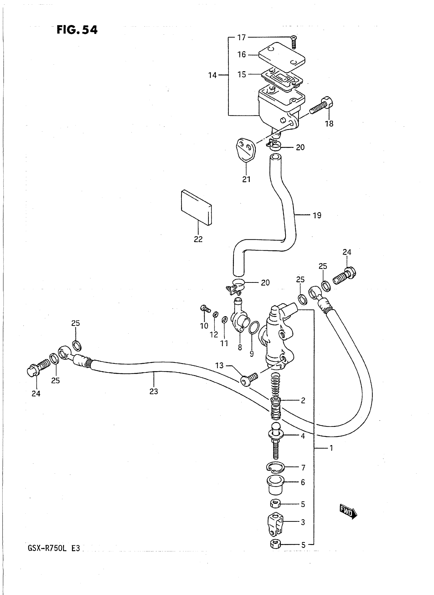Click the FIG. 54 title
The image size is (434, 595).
(77, 30)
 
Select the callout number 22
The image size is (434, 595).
(198, 239)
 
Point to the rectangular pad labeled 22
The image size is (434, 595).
(196, 207)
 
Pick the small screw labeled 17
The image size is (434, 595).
(294, 42)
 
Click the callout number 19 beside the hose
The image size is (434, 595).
(317, 215)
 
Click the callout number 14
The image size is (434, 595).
(212, 75)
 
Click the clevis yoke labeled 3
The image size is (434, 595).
(275, 523)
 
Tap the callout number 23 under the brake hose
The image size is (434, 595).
(154, 391)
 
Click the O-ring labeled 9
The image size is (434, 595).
(254, 328)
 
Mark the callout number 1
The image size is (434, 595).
(331, 448)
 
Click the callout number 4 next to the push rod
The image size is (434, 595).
(303, 436)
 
